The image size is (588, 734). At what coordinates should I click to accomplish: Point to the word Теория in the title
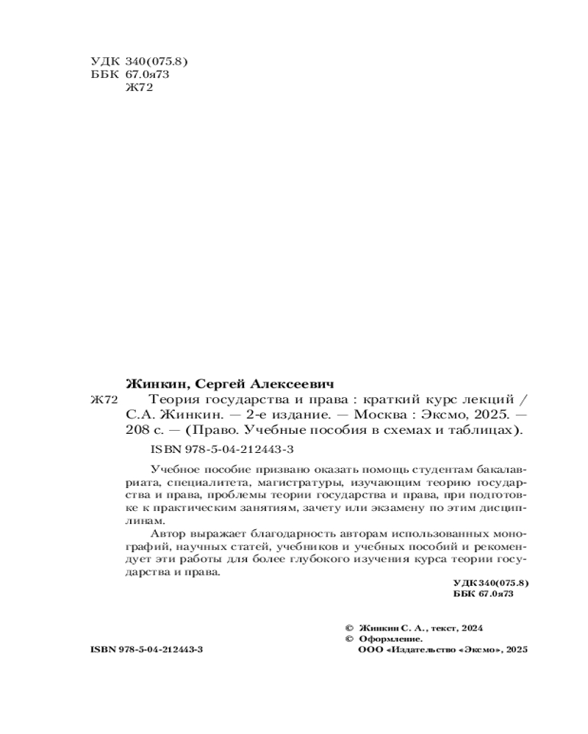point(174,400)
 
